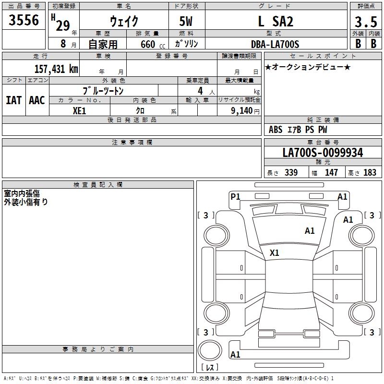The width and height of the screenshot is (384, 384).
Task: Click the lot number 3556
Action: coord(24,20)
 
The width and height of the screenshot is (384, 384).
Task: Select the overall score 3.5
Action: coord(366,22)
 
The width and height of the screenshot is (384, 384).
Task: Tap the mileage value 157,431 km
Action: coord(56,69)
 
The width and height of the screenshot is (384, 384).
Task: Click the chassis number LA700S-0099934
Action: coord(323,153)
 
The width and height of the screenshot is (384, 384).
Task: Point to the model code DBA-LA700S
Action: coord(275,44)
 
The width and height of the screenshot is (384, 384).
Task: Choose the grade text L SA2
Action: coord(276,21)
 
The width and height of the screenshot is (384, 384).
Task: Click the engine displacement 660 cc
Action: coord(153,45)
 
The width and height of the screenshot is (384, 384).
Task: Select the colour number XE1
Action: coord(79,111)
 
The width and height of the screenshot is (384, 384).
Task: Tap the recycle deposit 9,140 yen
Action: coord(245,111)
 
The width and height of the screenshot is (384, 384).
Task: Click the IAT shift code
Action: coord(14,100)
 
